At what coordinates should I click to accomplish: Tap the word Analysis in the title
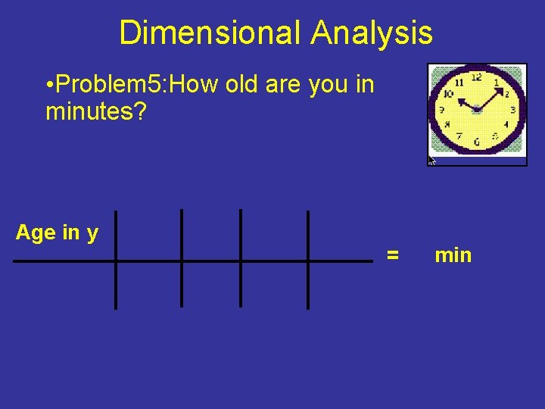371,33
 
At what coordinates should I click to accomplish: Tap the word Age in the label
33,233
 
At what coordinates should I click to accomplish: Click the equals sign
393,255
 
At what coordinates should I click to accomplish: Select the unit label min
453,255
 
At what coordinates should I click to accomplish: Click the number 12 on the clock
477,76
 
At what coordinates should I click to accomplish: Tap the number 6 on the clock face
476,142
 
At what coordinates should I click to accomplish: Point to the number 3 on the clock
512,110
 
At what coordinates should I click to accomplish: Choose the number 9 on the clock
442,111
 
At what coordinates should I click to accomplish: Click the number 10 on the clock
448,94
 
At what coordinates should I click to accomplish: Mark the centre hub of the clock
477,110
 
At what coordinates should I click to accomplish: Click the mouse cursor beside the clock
432,161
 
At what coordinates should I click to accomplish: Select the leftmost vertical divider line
115,259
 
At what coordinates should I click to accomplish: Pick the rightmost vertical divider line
307,259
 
